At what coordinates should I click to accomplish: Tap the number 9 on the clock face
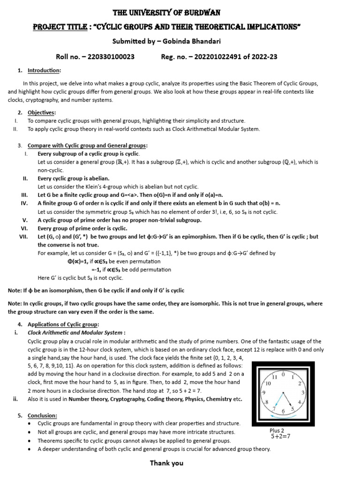(x=264, y=392)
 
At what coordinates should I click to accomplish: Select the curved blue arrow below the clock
(x=284, y=412)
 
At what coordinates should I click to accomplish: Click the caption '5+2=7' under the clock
(x=281, y=436)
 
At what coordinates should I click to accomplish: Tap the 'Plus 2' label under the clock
(x=277, y=430)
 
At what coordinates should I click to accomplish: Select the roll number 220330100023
(x=109, y=57)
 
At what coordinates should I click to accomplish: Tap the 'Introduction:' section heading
(x=44, y=70)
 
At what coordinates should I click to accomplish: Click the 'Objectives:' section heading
(x=42, y=112)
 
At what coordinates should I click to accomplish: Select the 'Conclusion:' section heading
(x=43, y=415)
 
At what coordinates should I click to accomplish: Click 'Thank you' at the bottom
(x=166, y=463)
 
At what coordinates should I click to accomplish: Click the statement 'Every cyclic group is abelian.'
(x=74, y=178)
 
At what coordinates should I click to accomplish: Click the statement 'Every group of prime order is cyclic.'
(x=82, y=228)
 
